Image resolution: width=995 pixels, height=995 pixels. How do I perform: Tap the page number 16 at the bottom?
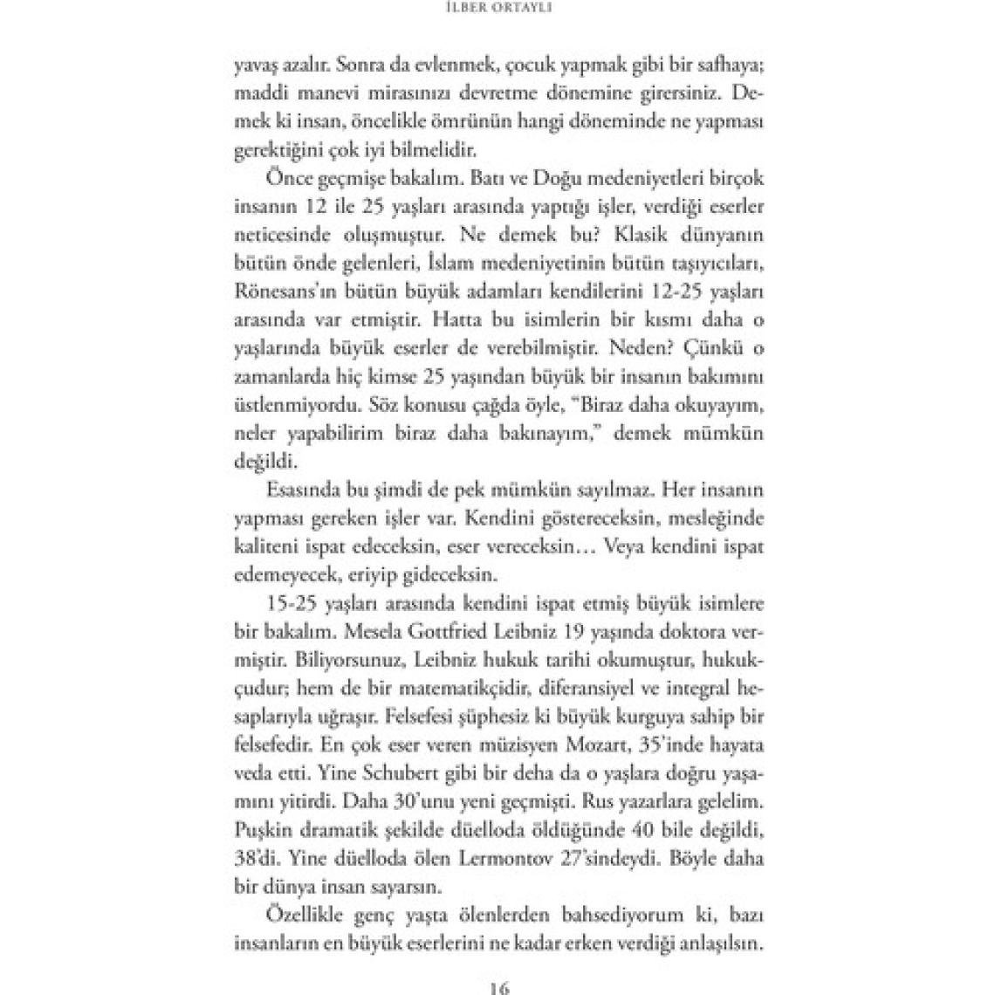pyautogui.click(x=498, y=987)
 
